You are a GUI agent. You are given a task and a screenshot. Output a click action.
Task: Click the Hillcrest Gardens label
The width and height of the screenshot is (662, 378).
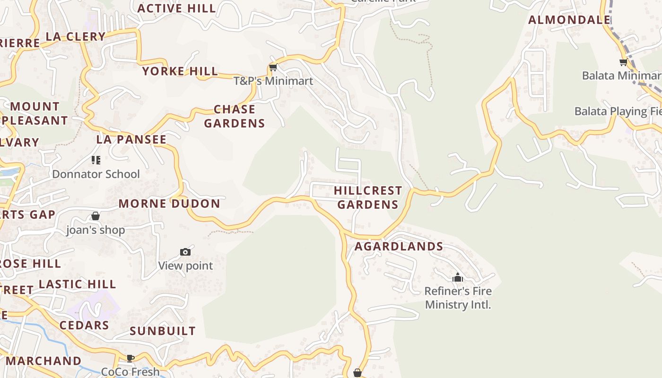(368, 198)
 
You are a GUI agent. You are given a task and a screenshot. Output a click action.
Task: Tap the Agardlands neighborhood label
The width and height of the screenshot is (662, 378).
(399, 246)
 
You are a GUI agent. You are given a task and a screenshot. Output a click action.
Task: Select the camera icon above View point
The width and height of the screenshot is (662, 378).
(185, 252)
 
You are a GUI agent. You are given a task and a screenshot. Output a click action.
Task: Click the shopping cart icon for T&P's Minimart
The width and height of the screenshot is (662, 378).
(273, 68)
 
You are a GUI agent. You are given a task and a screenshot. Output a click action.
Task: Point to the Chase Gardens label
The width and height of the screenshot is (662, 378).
(235, 116)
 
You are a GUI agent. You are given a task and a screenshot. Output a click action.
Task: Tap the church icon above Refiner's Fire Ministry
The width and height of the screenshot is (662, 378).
(457, 277)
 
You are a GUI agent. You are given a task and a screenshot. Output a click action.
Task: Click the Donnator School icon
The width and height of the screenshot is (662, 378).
(96, 160)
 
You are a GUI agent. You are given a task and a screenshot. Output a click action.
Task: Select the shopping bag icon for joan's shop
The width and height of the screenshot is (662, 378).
(96, 216)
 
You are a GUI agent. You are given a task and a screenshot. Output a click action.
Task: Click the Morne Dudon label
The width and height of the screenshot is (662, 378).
(169, 204)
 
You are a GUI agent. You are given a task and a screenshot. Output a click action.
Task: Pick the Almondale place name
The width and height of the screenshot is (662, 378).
(569, 20)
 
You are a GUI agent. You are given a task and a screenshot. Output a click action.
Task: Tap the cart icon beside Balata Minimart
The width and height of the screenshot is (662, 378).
(623, 62)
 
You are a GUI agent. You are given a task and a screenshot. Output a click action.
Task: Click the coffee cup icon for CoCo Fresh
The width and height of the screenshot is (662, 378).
(130, 358)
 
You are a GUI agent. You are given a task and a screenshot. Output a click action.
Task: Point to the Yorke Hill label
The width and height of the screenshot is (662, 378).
(180, 71)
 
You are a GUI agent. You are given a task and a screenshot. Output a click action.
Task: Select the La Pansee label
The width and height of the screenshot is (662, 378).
(131, 139)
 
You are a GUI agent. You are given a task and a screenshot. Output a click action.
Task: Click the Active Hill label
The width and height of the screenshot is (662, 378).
(176, 8)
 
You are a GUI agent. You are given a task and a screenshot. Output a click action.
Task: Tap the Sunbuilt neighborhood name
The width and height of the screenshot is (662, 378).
(163, 331)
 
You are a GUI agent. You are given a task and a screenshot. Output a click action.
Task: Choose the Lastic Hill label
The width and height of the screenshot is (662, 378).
(78, 284)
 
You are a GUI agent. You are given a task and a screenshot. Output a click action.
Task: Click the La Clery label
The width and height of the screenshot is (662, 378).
(76, 36)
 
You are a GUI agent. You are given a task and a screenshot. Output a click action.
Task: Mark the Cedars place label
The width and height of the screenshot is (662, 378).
(84, 325)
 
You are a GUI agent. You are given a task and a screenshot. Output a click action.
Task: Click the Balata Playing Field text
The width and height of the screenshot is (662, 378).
(618, 112)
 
